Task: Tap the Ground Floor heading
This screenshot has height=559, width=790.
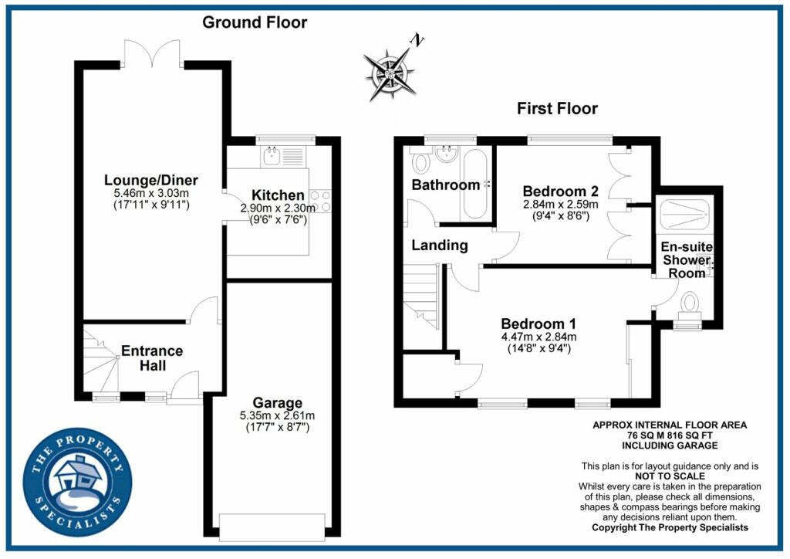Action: pos(255,22)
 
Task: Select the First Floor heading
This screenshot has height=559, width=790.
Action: pos(557,108)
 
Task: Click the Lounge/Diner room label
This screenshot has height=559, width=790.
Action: pos(147,181)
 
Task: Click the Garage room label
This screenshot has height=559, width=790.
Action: pos(277,402)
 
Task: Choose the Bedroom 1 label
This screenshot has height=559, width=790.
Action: pos(538,324)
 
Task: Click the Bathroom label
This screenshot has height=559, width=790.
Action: pos(445,185)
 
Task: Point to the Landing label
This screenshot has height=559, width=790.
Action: pos(439,246)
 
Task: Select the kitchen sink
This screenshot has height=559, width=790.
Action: pos(272,158)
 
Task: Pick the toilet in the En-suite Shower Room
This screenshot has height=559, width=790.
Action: pos(689,304)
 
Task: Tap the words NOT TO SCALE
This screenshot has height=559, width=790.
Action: pos(670,476)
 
